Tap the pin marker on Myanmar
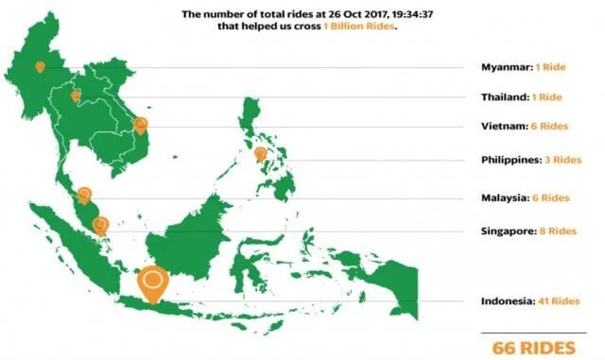coord(40,67)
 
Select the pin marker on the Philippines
coord(260,153)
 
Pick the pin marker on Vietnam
coord(141,124)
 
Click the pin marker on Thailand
coord(75,95)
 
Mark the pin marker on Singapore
coord(100,225)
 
